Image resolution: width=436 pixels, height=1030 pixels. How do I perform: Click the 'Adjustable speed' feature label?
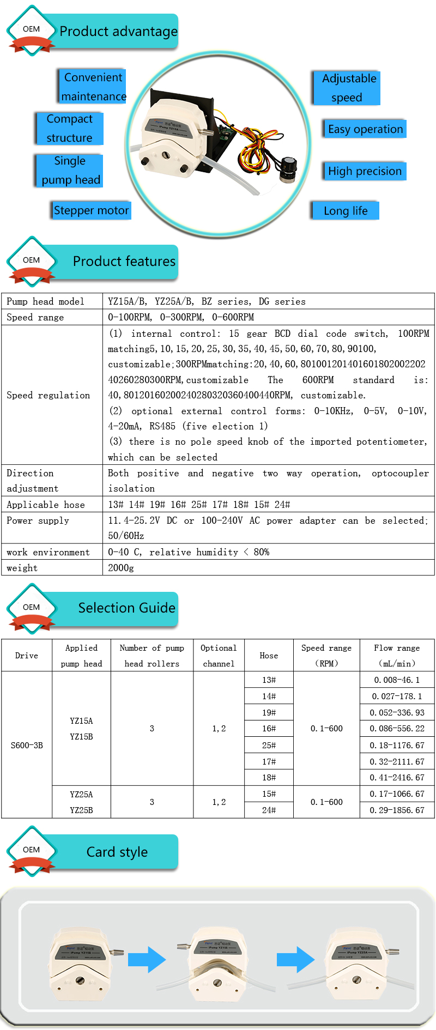click(x=347, y=88)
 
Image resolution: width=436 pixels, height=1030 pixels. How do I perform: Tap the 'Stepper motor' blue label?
click(x=92, y=210)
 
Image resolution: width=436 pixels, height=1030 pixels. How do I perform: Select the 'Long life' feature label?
click(x=346, y=211)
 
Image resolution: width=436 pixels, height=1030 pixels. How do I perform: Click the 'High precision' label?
click(x=365, y=171)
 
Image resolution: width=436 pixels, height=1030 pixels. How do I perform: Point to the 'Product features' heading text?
click(x=124, y=262)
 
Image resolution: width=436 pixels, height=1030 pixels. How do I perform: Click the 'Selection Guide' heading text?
click(x=126, y=608)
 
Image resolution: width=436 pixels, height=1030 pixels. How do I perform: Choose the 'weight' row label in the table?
click(x=22, y=568)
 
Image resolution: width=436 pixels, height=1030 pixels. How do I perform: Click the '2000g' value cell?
click(x=121, y=568)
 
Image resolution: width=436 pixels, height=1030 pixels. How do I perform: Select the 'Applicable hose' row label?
click(x=46, y=505)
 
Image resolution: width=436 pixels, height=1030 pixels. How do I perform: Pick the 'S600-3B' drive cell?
click(x=27, y=745)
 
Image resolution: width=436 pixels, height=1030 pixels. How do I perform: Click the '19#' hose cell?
click(x=269, y=712)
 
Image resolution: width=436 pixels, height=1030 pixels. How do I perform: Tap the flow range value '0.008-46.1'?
click(x=397, y=680)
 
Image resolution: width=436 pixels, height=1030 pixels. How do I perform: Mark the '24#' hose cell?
click(x=269, y=810)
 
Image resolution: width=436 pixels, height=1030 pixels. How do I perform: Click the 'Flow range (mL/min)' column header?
click(x=397, y=656)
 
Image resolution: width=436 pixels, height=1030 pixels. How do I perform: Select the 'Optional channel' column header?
click(x=219, y=656)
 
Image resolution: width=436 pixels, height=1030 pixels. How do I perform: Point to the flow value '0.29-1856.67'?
click(x=397, y=810)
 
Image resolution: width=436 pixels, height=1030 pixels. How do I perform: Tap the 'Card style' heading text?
click(x=117, y=852)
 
